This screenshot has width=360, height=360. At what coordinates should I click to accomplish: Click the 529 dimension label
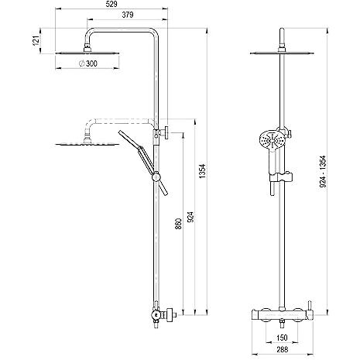pos(111,4)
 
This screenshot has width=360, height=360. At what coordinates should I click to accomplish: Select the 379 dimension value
pos(128,15)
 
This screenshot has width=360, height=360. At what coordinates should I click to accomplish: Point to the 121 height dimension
pos(36,40)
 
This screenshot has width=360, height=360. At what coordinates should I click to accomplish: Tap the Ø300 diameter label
pos(88,63)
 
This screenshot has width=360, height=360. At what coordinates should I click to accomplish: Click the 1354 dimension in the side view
pos(202,171)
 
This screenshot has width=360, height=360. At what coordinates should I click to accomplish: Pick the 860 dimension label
pos(178,224)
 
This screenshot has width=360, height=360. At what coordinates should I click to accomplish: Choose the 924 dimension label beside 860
pos(190,217)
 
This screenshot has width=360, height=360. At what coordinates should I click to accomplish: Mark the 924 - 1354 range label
pos(323,171)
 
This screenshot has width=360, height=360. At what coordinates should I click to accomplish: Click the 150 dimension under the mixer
pos(282,338)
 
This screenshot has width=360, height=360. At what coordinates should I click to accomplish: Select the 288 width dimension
pos(282,349)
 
